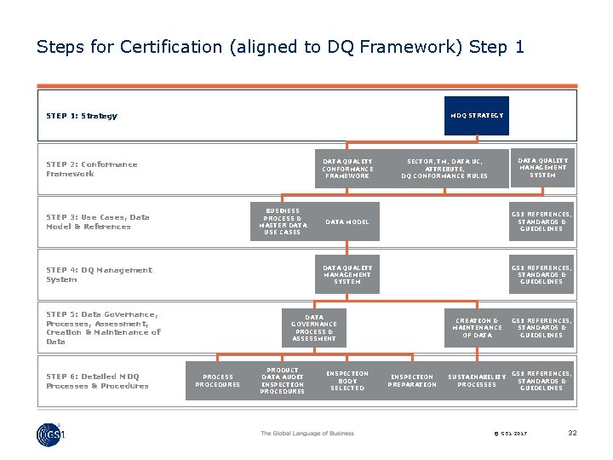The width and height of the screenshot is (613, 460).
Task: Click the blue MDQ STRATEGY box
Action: click(476, 115)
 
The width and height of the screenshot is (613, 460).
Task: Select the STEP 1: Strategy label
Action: click(82, 116)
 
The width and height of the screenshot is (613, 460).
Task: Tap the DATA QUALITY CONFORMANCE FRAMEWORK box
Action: click(347, 168)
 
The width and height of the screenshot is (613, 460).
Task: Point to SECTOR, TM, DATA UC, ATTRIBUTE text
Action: click(444, 164)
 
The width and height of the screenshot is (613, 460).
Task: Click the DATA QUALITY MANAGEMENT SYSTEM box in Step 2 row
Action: click(542, 167)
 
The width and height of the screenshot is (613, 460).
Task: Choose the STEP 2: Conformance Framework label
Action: click(91, 169)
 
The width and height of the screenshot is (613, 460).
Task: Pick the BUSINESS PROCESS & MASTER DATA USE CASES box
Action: click(282, 221)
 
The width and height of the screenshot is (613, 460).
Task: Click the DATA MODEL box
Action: click(347, 221)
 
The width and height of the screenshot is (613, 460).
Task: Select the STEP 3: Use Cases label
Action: click(97, 221)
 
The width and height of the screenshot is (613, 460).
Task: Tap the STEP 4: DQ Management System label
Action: click(99, 274)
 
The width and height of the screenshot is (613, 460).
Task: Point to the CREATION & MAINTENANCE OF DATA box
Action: click(477, 328)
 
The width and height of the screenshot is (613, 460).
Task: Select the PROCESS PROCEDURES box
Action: click(217, 381)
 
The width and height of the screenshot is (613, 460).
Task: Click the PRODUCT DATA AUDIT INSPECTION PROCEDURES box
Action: click(282, 381)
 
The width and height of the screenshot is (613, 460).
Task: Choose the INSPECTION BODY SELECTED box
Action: click(347, 381)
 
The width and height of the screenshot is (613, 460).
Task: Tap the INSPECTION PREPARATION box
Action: click(412, 381)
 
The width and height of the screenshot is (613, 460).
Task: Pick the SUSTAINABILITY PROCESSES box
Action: click(477, 381)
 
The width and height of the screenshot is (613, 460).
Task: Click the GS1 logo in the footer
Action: click(51, 434)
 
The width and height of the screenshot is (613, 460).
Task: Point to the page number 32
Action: click(572, 433)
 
